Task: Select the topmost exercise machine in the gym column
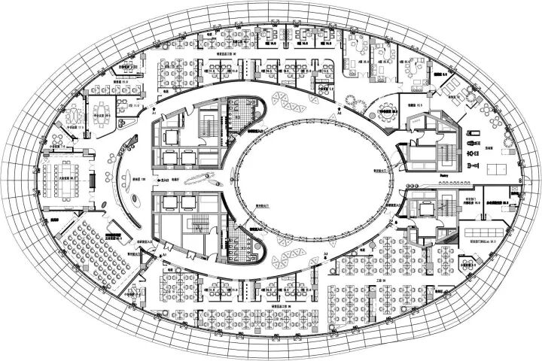[473, 129]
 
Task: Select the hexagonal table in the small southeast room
[469, 264]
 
